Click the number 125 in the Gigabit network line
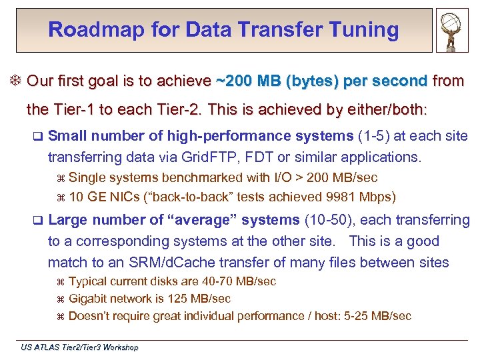point(181,299)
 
